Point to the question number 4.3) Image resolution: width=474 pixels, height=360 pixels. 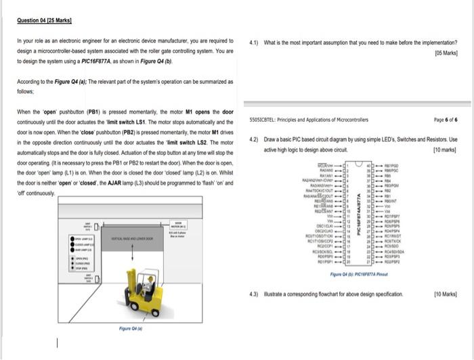pyautogui.click(x=253, y=296)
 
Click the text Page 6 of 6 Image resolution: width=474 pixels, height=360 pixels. pyautogui.click(x=445, y=119)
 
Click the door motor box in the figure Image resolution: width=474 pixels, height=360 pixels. pyautogui.click(x=179, y=227)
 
